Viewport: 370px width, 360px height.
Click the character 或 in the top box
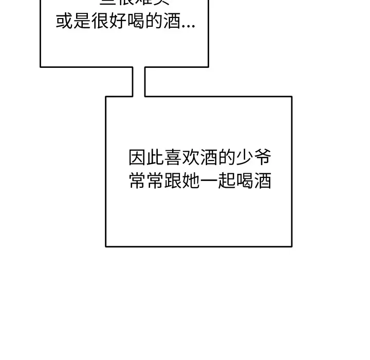(64, 22)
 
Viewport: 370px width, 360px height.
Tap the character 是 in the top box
(82, 22)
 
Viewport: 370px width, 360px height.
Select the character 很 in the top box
(100, 22)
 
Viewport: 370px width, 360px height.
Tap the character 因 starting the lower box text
(137, 157)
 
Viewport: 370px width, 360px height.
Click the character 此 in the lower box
(155, 157)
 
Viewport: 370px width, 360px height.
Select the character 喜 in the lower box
(173, 157)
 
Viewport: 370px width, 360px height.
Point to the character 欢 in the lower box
(191, 157)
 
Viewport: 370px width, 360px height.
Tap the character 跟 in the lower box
(173, 181)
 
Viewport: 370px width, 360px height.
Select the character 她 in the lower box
(191, 181)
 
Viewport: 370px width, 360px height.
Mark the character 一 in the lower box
(209, 181)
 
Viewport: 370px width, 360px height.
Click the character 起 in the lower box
(227, 181)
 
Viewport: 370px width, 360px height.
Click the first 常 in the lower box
(137, 181)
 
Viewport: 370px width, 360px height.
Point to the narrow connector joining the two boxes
(139, 81)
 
